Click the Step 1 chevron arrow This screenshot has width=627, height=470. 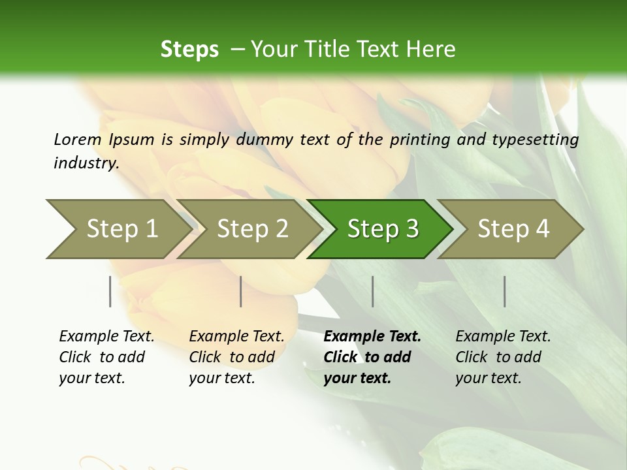point(118,229)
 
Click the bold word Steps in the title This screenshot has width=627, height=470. point(189,49)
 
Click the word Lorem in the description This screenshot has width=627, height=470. point(78,139)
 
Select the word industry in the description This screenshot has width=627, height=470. point(86,163)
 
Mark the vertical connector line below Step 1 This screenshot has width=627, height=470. point(110,291)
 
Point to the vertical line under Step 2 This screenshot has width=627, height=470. point(241,291)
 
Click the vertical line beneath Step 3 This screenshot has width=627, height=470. point(372,291)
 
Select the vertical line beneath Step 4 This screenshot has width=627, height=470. point(504,291)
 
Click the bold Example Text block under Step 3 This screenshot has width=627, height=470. point(371,357)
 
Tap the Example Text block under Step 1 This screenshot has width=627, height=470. point(106,357)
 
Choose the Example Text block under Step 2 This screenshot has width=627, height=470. point(236,357)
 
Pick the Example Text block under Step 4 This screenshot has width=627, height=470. point(502,357)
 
